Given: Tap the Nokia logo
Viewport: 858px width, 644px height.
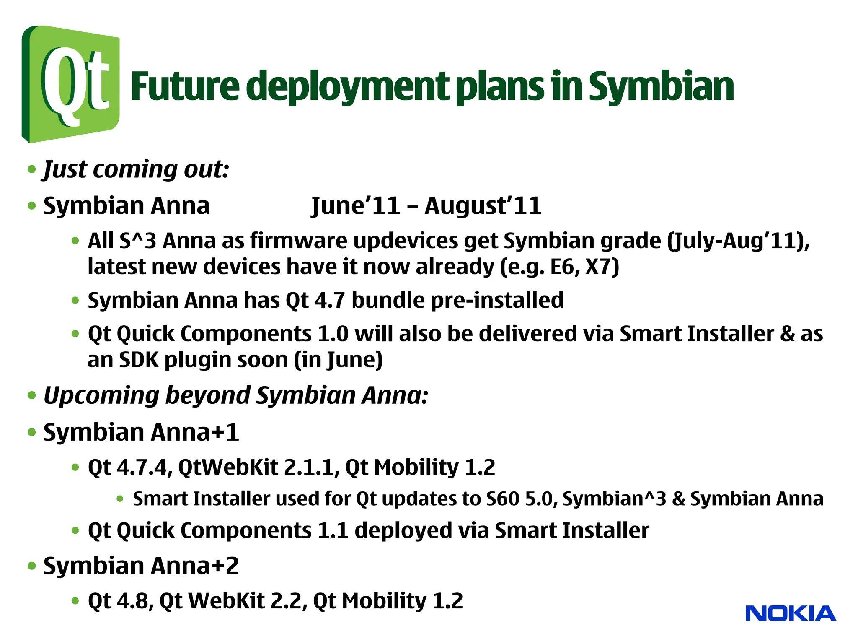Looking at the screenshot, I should (x=790, y=613).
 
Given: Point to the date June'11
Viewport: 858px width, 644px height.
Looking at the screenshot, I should (x=355, y=206).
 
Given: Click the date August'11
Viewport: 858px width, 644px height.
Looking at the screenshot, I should (x=483, y=206).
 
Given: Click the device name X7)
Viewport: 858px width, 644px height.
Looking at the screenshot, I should (x=602, y=267).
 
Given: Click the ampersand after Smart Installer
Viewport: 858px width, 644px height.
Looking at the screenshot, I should (x=787, y=334).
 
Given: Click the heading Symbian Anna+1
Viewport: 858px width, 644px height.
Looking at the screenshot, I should (x=141, y=432).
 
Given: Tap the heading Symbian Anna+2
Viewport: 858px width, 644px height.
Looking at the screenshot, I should (x=141, y=566).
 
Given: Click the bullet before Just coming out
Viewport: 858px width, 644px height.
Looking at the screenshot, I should (x=32, y=170).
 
